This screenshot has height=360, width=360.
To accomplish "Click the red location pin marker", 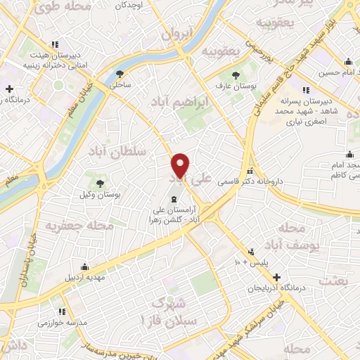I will [181, 165].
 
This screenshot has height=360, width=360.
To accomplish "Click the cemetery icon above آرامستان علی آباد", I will [174, 199].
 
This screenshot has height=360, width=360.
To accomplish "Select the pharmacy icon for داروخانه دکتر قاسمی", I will [250, 172].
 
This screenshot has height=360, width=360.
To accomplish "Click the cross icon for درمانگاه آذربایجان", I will [278, 277].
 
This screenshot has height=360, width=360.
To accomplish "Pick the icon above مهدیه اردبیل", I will [85, 266].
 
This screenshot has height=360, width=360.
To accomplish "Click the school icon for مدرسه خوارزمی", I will [62, 311].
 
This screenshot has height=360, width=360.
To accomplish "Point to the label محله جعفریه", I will [70, 226].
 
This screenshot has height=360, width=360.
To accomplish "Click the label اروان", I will [176, 34].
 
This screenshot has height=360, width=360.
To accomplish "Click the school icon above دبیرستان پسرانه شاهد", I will [305, 90].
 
